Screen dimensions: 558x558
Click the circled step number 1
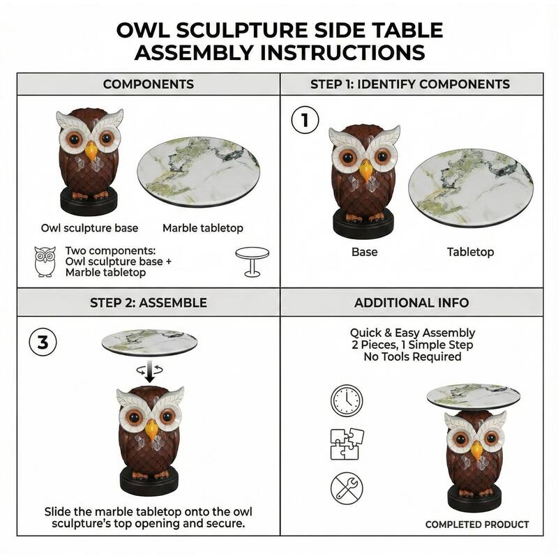(304, 121)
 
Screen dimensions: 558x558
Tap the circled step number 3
(43, 342)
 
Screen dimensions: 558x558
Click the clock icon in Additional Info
(347, 401)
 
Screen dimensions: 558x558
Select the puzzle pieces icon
(347, 444)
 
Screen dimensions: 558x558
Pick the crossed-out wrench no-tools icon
(347, 488)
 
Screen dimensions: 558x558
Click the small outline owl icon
(45, 262)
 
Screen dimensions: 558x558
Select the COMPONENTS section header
(149, 84)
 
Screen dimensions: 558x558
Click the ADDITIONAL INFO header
(412, 303)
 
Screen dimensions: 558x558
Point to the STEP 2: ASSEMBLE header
(149, 303)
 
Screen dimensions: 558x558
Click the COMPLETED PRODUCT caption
(477, 525)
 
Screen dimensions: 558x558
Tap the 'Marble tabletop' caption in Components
(203, 228)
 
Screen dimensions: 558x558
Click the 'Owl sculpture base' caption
(89, 228)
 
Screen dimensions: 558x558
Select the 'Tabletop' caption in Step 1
(470, 252)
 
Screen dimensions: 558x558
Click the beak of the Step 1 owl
(365, 170)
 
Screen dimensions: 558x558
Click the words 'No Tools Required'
(412, 357)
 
